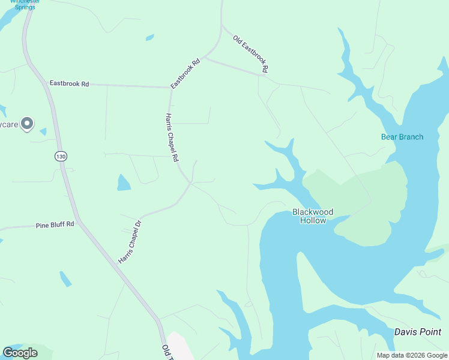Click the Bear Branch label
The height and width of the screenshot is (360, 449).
402,137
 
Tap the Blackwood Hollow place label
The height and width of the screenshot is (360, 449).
312,216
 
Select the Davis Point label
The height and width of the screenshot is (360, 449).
418,332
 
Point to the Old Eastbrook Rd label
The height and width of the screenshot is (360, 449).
250,54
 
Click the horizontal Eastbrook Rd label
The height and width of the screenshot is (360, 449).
69,84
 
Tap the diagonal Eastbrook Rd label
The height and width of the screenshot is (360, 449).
185,73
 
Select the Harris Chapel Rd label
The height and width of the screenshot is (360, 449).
172,138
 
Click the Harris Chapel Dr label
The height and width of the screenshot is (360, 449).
129,242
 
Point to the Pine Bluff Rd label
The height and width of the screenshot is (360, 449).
55,224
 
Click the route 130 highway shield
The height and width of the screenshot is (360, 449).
60,156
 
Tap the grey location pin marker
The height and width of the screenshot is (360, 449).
26,124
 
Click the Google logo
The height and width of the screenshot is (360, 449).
20,353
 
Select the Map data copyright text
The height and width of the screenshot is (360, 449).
412,355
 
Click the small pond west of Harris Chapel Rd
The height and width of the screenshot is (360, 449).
123,182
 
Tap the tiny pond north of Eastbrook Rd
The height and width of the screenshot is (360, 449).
149,38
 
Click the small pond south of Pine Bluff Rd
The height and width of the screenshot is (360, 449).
65,278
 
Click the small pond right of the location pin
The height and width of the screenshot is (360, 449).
43,131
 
